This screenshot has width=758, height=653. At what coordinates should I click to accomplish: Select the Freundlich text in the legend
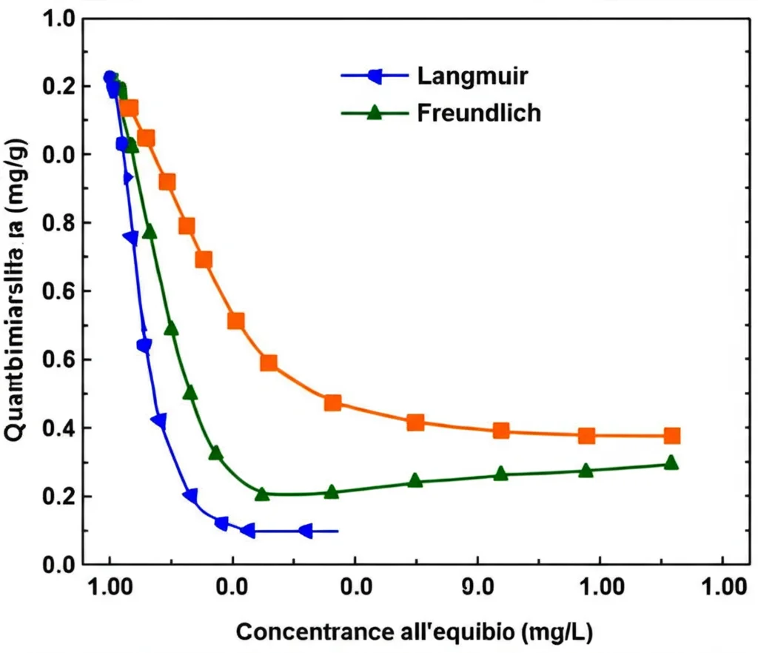479,113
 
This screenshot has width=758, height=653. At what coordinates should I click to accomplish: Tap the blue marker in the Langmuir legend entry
375,76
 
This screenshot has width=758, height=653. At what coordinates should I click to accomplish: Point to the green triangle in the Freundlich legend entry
375,113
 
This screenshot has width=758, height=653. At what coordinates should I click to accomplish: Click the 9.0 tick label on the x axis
477,589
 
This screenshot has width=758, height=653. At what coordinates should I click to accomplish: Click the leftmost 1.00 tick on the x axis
110,589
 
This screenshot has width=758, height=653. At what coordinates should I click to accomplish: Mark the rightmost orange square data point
672,436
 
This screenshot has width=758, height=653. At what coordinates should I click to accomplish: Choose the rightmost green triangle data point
671,463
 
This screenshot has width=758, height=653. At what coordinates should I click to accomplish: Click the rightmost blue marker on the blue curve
305,531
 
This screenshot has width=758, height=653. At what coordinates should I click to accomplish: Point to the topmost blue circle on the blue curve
110,78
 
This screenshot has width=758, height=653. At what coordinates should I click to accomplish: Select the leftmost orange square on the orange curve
130,108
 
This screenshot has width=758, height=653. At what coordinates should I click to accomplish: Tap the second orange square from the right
586,435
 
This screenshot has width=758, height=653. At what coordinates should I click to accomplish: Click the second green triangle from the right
586,471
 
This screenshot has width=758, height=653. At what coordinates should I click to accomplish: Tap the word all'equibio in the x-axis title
455,632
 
